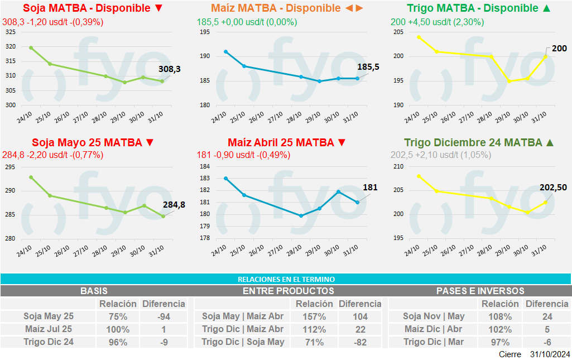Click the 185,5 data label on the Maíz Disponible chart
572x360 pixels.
pyautogui.click(x=368, y=67)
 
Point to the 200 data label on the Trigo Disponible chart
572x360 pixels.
pyautogui.click(x=559, y=49)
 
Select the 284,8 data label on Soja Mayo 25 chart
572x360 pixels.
pyautogui.click(x=174, y=205)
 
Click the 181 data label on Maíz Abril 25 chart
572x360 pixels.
pyautogui.click(x=370, y=188)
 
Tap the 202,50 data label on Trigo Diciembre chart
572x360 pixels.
pyautogui.click(x=553, y=188)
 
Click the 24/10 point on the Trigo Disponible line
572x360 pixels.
pyautogui.click(x=419, y=37)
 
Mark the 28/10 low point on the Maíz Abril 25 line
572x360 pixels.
pyautogui.click(x=301, y=215)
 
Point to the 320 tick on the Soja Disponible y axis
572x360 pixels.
pyautogui.click(x=10, y=46)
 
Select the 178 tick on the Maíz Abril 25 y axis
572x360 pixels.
pyautogui.click(x=204, y=238)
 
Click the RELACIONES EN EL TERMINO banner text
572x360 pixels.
pyautogui.click(x=286, y=279)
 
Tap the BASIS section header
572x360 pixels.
pyautogui.click(x=94, y=291)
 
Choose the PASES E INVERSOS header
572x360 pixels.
pyautogui.click(x=480, y=291)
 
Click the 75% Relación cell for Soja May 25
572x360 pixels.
pyautogui.click(x=117, y=316)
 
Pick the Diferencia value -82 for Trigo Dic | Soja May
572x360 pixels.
pyautogui.click(x=360, y=342)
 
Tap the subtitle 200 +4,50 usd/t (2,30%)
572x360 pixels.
pyautogui.click(x=437, y=22)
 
